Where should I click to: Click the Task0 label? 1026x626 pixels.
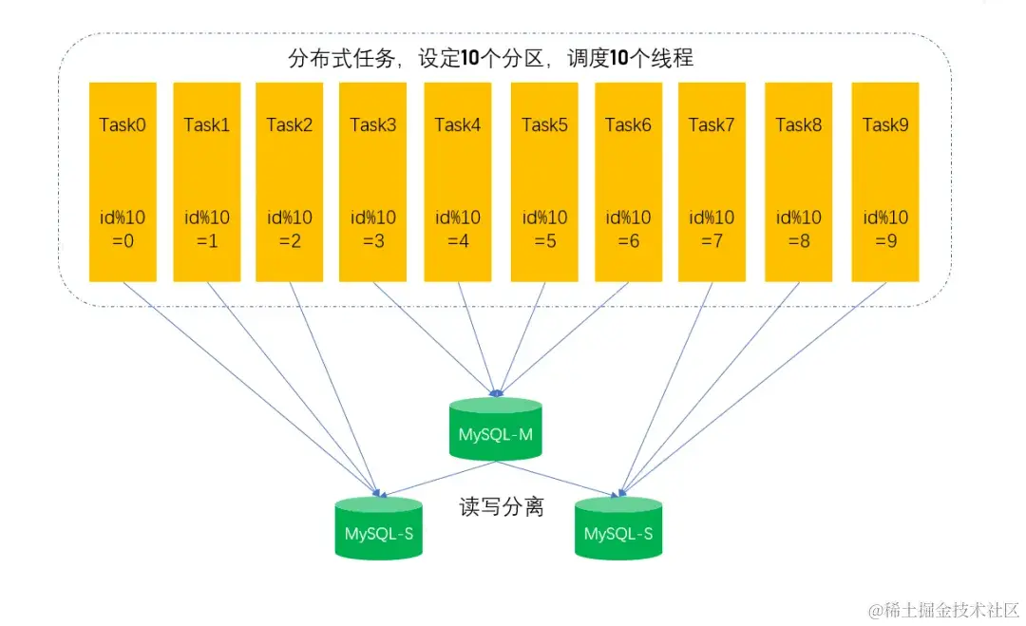(123, 124)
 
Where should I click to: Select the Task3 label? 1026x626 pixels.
(373, 124)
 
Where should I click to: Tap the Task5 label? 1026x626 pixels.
(544, 124)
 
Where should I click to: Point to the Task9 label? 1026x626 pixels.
(885, 124)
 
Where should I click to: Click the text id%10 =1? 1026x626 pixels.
(206, 229)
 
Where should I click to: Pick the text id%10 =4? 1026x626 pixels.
(458, 229)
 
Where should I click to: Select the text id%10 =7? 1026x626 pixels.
(712, 229)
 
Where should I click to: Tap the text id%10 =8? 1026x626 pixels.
(798, 229)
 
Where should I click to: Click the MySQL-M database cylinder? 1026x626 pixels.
(495, 430)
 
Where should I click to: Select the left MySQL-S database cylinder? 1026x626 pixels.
(378, 529)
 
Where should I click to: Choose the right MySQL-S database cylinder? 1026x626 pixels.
(618, 529)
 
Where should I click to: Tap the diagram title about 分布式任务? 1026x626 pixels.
(490, 59)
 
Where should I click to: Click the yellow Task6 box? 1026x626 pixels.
(628, 180)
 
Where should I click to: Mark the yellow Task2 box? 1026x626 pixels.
(289, 180)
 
